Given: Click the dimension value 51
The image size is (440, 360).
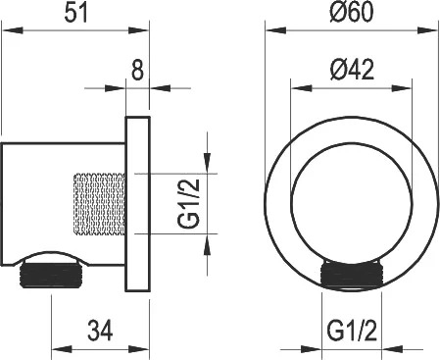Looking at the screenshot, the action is point(76,13).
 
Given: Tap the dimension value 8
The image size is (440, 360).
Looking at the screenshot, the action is point(137,71).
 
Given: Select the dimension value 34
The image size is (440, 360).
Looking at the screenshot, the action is point(100,331).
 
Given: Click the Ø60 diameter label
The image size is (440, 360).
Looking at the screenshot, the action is point(351,12).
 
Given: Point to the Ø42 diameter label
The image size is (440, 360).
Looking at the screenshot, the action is point(352,70).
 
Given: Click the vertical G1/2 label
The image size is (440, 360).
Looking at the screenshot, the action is point(188,203).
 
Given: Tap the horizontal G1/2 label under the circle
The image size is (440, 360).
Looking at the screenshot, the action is point(352,331).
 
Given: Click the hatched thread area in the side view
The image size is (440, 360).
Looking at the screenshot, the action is point(99,204).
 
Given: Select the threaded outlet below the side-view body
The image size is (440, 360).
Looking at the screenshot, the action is point(50,275).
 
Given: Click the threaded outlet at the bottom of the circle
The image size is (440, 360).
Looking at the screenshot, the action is point(352,274).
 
